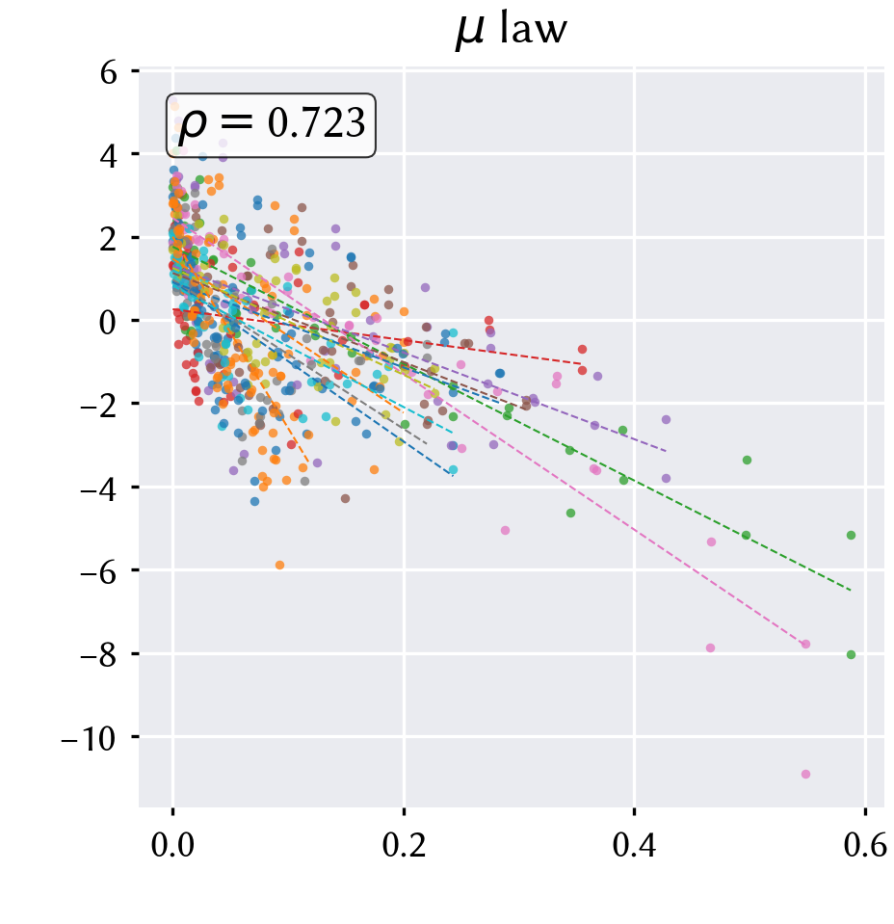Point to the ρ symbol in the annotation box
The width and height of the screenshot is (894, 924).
192,126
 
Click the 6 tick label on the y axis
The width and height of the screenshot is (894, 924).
108,72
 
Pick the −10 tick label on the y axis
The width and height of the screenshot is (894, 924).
89,738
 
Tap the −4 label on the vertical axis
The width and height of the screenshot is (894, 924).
98,488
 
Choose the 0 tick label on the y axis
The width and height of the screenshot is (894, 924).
108,322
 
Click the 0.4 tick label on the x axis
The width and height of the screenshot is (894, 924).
634,845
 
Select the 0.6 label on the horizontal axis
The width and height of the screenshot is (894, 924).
865,845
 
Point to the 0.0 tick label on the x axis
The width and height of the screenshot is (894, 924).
172,845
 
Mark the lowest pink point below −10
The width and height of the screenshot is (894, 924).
805,774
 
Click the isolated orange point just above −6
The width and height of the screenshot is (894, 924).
280,566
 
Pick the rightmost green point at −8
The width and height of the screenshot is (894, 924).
851,654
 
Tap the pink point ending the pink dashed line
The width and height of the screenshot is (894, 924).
805,644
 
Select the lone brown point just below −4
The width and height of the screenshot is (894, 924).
345,498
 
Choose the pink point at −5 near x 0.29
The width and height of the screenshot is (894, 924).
505,530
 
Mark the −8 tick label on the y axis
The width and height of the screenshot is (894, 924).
98,654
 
